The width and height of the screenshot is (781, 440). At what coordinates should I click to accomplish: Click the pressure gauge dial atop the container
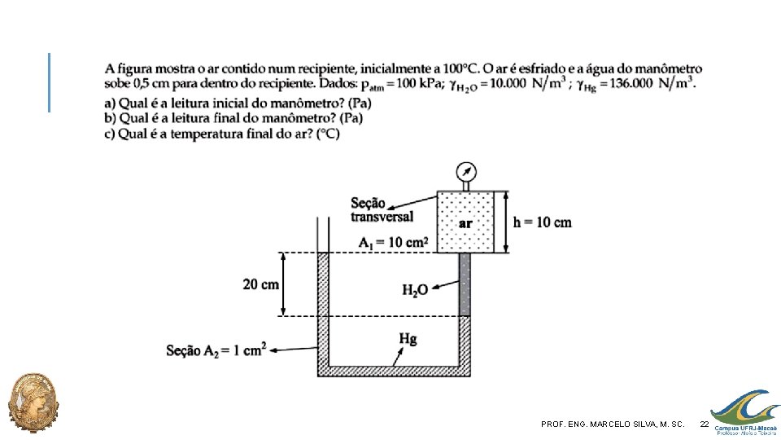pos(466,172)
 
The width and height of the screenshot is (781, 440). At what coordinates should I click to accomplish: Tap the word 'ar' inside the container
pos(465,223)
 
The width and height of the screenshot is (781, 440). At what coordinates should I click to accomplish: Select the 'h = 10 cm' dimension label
pos(543,222)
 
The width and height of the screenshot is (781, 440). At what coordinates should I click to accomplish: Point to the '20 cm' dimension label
pos(260,284)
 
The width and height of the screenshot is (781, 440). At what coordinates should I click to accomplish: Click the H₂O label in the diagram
pos(416,290)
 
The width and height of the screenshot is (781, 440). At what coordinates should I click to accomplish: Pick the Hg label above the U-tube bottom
pos(408,339)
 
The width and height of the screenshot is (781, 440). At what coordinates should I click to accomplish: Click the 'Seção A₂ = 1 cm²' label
pos(216,350)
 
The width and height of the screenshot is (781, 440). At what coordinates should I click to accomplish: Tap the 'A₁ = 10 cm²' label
pos(394,243)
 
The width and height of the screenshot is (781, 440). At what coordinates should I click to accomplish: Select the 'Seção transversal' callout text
pos(382,209)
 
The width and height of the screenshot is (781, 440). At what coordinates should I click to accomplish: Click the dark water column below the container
pos(465,284)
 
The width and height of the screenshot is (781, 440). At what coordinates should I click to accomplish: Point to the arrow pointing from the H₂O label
pos(445,285)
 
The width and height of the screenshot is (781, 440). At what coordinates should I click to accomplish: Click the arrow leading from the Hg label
pos(398,357)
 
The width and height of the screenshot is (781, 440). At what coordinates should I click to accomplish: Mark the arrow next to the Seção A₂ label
pos(294,350)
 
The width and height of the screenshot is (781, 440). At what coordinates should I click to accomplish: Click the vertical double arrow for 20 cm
pos(283,284)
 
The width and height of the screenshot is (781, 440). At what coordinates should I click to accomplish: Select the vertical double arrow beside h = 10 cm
pos(505,222)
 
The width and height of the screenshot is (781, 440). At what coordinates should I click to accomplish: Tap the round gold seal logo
pos(33,402)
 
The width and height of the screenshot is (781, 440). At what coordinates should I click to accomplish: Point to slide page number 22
pos(705,424)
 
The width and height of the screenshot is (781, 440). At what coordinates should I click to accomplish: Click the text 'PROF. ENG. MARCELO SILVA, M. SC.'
pos(613,424)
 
